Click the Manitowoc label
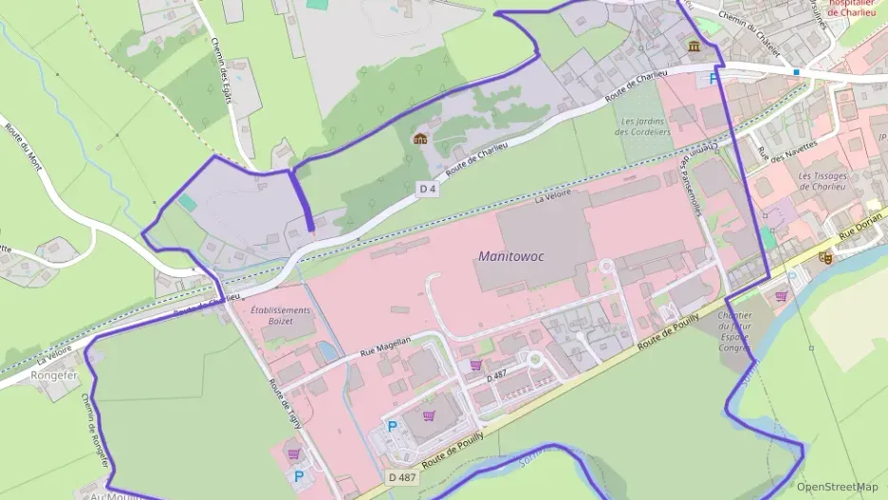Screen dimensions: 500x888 (511, 256)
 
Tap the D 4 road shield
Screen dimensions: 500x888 (428, 190)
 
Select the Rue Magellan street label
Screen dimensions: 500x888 (385, 346)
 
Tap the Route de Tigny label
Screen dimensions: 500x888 (284, 402)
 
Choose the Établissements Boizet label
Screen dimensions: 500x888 (280, 316)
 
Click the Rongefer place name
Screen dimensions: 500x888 (53, 374)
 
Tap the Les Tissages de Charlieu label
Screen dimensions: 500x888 (827, 180)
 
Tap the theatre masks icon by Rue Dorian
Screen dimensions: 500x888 (824, 257)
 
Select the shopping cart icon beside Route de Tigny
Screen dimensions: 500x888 (294, 454)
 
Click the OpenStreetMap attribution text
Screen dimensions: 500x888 (837, 487)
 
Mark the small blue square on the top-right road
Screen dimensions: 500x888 (797, 71)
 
